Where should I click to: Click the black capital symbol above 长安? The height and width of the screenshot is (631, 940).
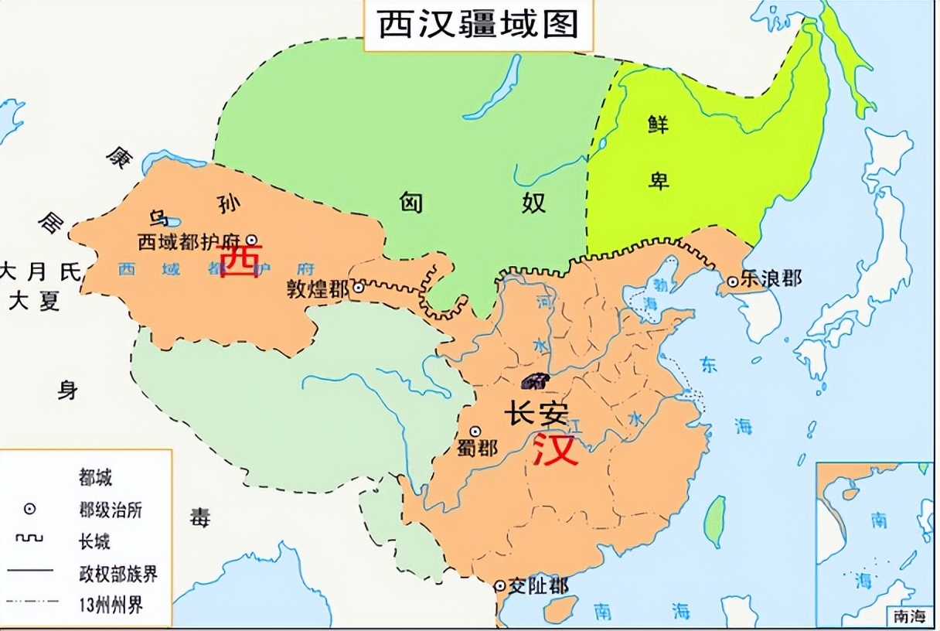pos(535,380)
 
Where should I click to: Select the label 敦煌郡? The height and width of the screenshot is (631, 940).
pos(318,289)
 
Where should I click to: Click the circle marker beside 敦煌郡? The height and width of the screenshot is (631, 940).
pos(359,288)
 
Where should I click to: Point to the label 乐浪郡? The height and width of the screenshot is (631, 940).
pos(771,278)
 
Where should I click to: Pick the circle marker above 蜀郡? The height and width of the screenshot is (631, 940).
pos(475,431)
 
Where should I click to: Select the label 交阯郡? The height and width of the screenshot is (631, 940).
pos(540,586)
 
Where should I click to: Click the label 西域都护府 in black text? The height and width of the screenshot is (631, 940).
pos(191,242)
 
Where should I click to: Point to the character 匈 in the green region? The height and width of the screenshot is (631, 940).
pos(411,203)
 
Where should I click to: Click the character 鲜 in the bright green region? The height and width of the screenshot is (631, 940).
pos(659,124)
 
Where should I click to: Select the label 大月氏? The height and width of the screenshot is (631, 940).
pos(40,271)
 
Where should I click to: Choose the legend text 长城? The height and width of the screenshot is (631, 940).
pos(94,541)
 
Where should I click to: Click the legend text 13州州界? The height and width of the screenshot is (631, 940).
pos(111,603)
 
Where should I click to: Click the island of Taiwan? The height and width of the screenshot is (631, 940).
pos(717,516)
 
